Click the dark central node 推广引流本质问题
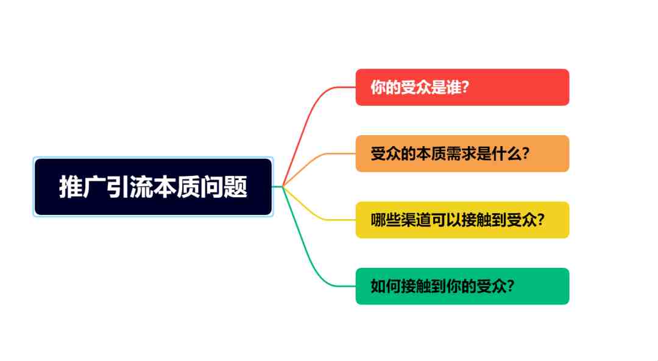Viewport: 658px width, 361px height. [x=153, y=187]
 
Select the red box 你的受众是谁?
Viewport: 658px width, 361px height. [x=462, y=87]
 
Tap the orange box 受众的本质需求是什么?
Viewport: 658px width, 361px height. [x=462, y=153]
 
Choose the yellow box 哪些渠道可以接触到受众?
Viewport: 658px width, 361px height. [x=462, y=220]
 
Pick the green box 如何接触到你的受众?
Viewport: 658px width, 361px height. [x=462, y=286]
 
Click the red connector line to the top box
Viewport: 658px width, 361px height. [x=308, y=122]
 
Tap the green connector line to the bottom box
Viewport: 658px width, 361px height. [x=308, y=251]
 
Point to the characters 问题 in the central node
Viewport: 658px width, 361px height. [x=224, y=187]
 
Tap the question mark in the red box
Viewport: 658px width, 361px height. [x=465, y=87]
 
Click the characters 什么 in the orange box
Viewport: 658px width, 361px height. [x=507, y=153]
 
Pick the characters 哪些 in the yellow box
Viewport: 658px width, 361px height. [x=386, y=220]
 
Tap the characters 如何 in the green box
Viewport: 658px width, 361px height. [x=386, y=286]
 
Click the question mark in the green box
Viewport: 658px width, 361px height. [x=511, y=286]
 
